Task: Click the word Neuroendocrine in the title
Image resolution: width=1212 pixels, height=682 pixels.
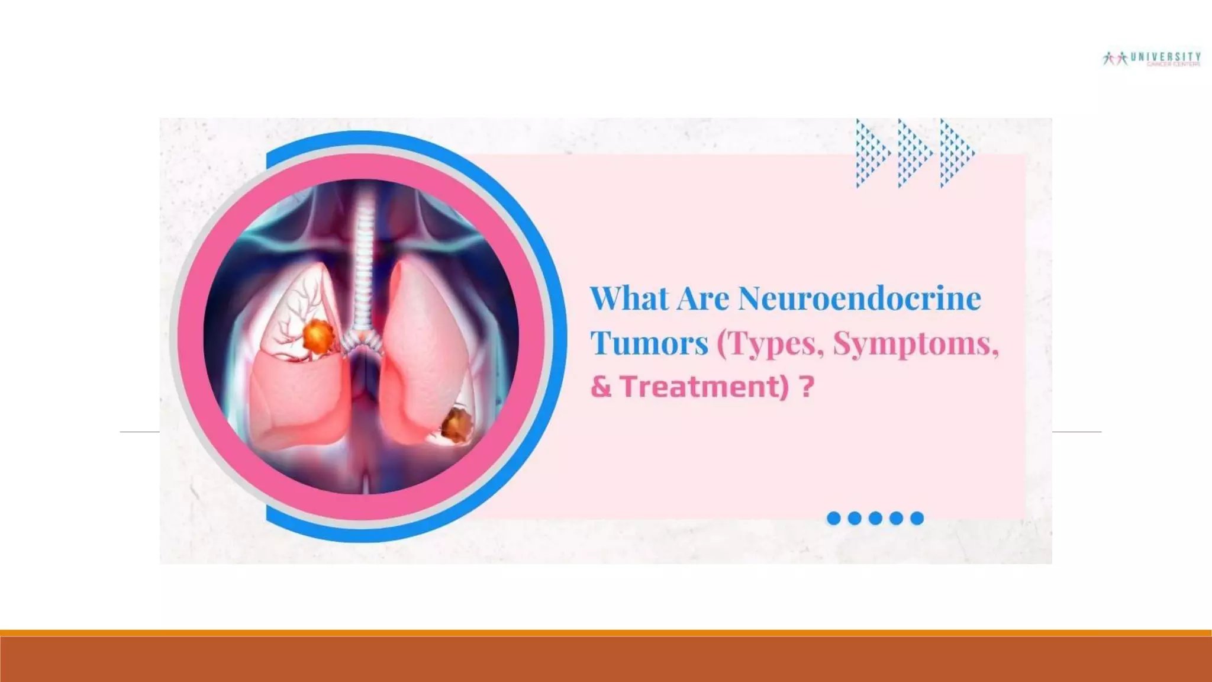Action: pos(859,298)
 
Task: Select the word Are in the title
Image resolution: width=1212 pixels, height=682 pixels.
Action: pos(702,298)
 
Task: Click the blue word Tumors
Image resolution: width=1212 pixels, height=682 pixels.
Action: pos(649,343)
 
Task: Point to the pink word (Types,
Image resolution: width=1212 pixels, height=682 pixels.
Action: pos(770,343)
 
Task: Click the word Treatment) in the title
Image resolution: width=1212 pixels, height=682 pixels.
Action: pos(705,387)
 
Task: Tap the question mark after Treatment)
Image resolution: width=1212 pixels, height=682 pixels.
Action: pos(807,387)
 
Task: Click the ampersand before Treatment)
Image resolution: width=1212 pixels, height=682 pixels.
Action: pos(601,387)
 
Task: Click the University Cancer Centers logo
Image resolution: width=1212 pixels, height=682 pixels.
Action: pos(1152,59)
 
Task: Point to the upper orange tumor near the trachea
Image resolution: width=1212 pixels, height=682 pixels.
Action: pos(318,336)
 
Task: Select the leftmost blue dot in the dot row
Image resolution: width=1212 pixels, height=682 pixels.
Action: pos(833,519)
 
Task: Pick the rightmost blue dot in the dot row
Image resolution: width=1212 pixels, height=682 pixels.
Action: pos(917,519)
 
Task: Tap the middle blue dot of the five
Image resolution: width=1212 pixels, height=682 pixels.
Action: pos(875,519)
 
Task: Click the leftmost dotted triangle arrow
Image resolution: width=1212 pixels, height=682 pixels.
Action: pos(871,153)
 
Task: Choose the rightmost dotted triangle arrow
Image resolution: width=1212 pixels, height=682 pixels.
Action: pos(956,153)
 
